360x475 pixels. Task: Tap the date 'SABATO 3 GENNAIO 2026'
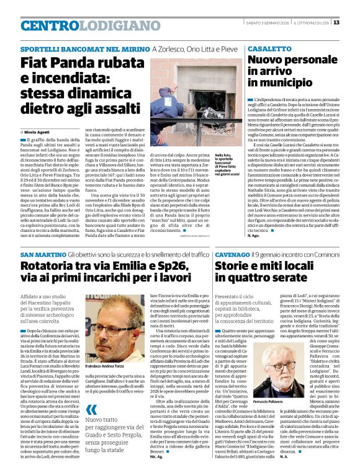(x=261, y=23)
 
